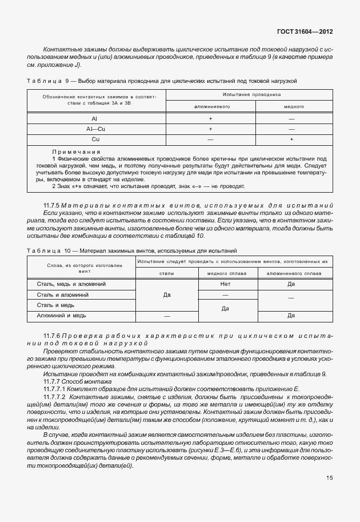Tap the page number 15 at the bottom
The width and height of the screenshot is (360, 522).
pyautogui.click(x=329, y=494)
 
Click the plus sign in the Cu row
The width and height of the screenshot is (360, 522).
pyautogui.click(x=293, y=139)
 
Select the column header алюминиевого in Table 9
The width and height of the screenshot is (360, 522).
pyautogui.click(x=211, y=107)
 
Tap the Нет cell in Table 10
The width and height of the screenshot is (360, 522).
pyautogui.click(x=225, y=284)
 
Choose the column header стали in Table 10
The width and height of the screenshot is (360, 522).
pyautogui.click(x=166, y=273)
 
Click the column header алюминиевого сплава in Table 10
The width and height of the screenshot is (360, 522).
pyautogui.click(x=291, y=273)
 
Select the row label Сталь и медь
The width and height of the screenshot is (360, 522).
pyautogui.click(x=57, y=305)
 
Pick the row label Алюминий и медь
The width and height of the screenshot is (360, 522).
pyautogui.click(x=62, y=316)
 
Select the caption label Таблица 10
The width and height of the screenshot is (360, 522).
pyautogui.click(x=47, y=251)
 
